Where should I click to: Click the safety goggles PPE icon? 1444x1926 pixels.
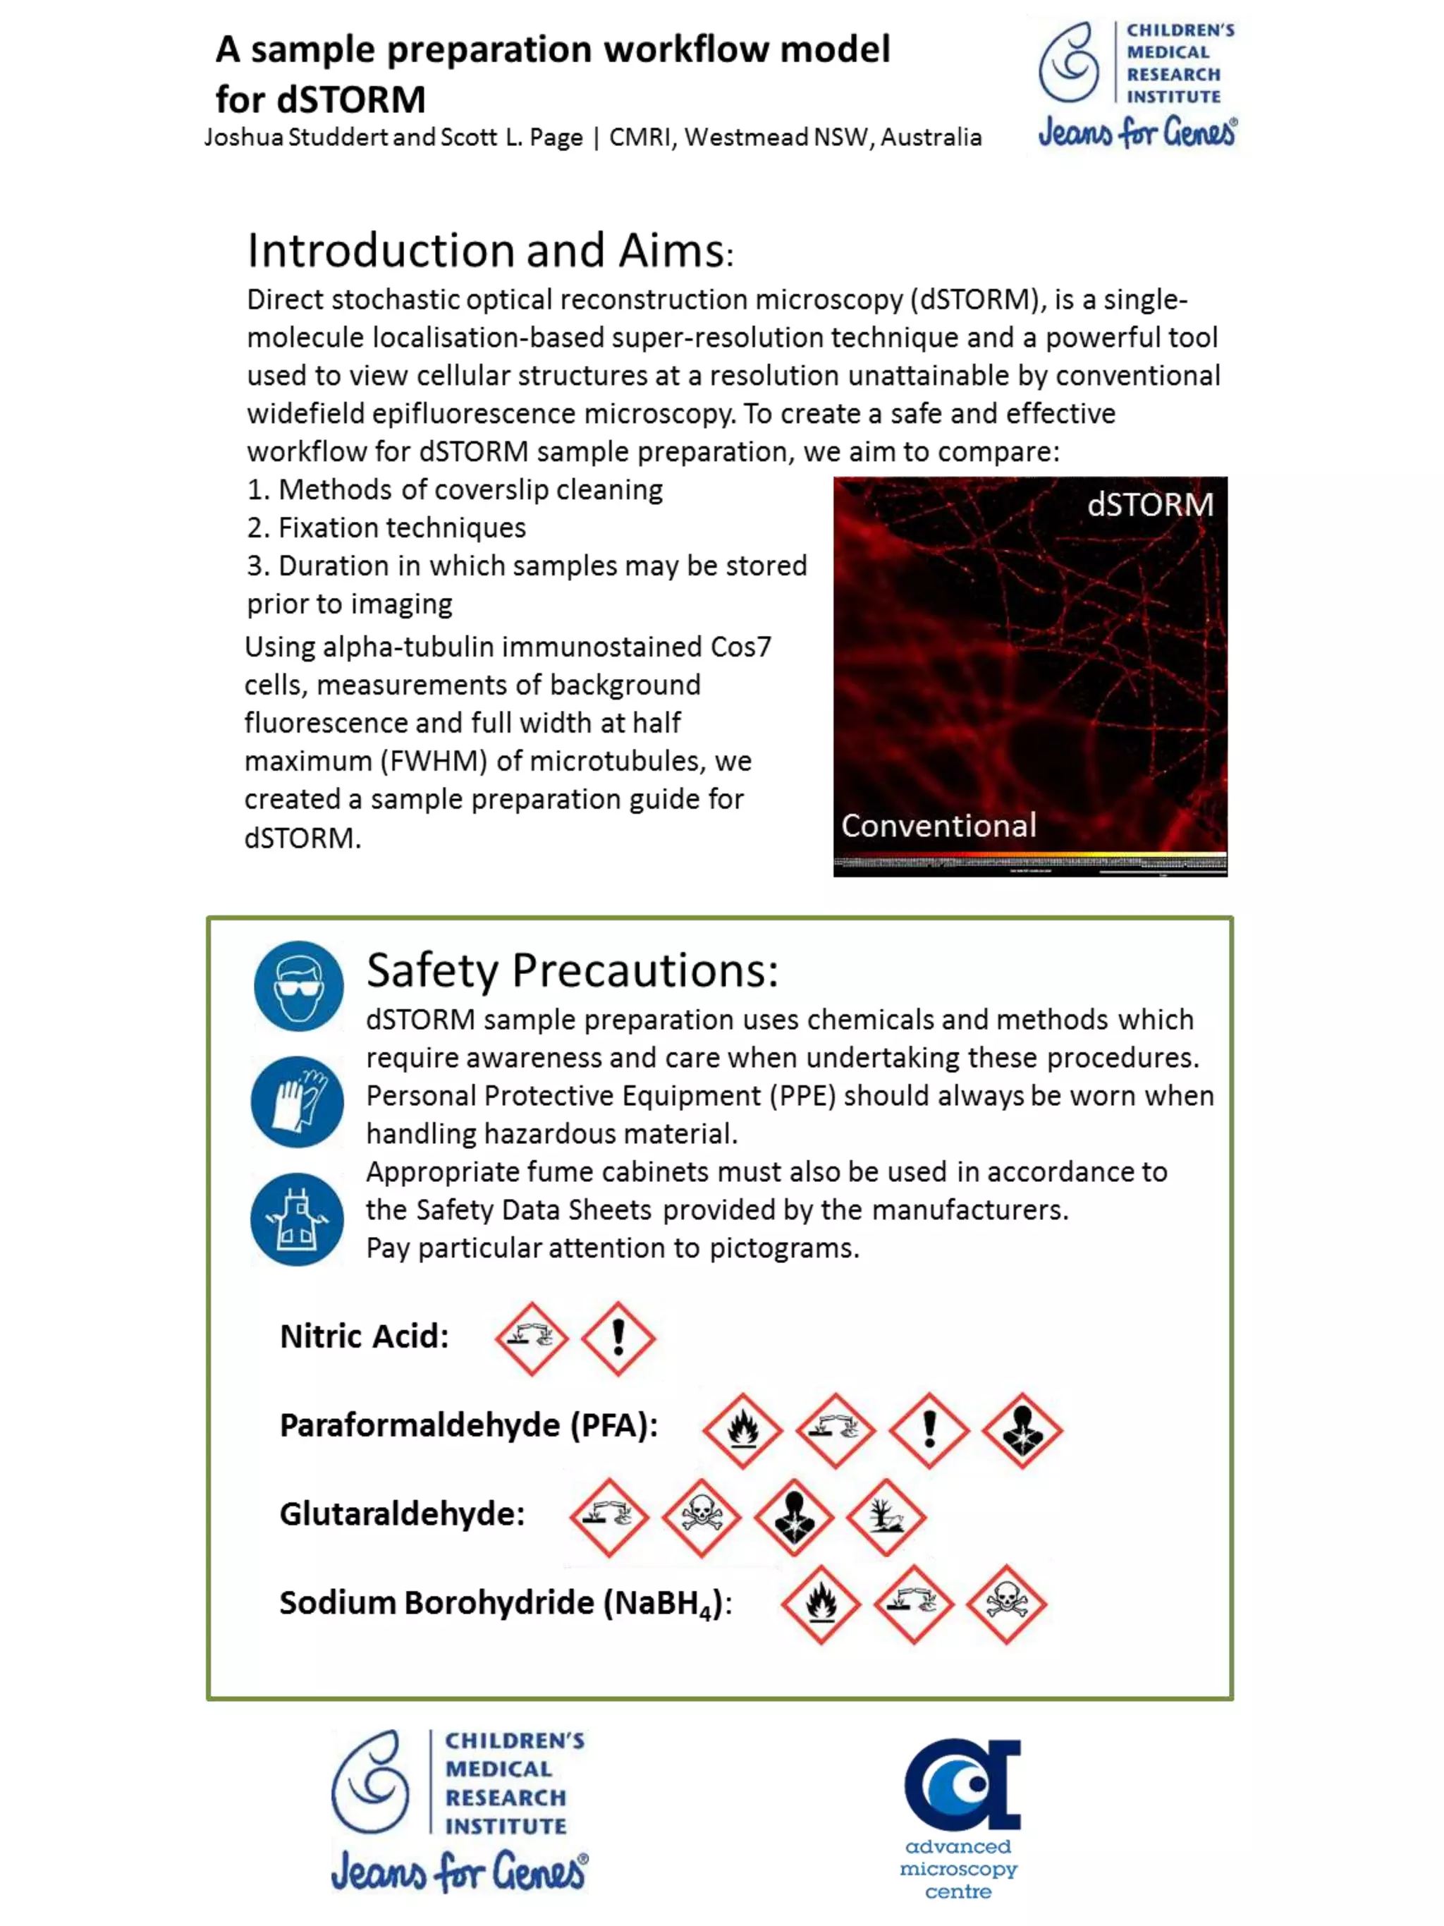[298, 986]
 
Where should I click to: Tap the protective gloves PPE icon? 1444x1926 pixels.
[297, 1102]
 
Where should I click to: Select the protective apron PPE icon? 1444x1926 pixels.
[297, 1218]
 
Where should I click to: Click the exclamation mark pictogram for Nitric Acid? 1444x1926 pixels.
[618, 1339]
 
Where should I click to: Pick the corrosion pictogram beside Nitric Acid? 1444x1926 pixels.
[531, 1339]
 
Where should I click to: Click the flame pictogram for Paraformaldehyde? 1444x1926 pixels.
[742, 1430]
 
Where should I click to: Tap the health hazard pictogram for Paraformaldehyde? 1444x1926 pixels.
[1022, 1430]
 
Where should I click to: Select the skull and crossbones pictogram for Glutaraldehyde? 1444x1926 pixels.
[701, 1518]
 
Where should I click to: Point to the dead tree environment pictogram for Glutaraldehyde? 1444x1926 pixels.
[886, 1518]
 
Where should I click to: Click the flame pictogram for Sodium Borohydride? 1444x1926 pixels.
[821, 1604]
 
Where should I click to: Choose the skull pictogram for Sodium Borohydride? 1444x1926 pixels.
[1006, 1604]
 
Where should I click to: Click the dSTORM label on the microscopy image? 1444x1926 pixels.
[1149, 505]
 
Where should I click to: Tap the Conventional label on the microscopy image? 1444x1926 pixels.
[938, 825]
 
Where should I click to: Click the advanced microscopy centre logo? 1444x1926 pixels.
[960, 1818]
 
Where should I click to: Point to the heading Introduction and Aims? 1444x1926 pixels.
[490, 251]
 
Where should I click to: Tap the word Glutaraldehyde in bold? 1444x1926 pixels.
[401, 1514]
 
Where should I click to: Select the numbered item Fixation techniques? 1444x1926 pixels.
[386, 528]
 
